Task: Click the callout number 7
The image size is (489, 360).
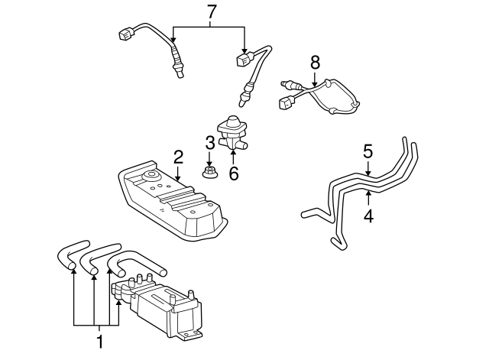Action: click(x=212, y=12)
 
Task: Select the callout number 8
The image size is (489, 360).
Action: click(x=315, y=62)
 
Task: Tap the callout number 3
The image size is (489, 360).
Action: click(x=210, y=143)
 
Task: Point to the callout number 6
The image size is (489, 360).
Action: click(x=234, y=174)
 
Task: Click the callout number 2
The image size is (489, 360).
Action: click(x=178, y=157)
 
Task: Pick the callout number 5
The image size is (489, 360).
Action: click(x=368, y=151)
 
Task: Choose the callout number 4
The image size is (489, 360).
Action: click(x=368, y=216)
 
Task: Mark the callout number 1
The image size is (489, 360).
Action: click(x=100, y=342)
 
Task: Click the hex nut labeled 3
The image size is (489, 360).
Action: click(x=209, y=173)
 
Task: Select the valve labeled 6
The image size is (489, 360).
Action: click(x=232, y=134)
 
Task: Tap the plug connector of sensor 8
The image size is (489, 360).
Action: click(x=286, y=102)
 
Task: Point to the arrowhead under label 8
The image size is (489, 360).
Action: click(x=315, y=83)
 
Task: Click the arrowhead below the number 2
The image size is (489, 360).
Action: click(x=178, y=178)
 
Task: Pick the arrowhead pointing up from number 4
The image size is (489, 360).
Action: click(x=368, y=193)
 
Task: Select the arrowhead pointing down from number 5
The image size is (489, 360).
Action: click(x=368, y=173)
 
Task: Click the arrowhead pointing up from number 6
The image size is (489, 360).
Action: click(x=234, y=153)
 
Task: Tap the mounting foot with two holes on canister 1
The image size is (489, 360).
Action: click(x=189, y=335)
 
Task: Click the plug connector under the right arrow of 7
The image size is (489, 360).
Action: click(x=244, y=60)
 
